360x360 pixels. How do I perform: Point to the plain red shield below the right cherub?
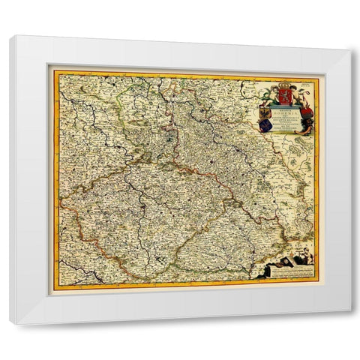pos(304,112)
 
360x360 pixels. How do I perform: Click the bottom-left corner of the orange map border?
pos(52,288)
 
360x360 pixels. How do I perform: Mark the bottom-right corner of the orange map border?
pos(318,282)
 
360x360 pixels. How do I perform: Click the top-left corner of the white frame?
pos(10,36)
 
